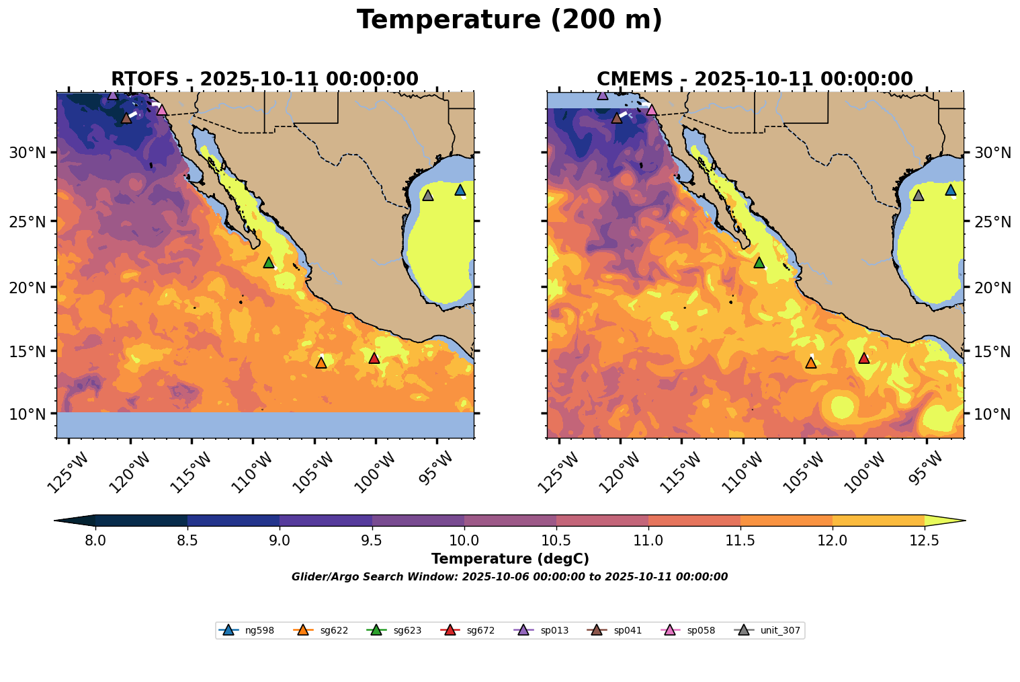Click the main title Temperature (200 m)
coord(509,20)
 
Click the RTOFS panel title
coord(264,79)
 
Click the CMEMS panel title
coord(754,79)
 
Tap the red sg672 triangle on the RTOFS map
coord(374,358)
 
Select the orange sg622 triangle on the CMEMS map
coord(810,363)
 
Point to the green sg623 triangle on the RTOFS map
coord(269,262)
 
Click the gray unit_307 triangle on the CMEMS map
coord(918,195)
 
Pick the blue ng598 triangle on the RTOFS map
coord(460,190)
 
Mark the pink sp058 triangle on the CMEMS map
coord(651,110)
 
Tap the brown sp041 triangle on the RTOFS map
coord(126,118)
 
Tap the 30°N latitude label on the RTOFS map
coord(28,153)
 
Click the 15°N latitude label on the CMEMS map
coord(992,352)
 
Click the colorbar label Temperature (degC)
coord(509,559)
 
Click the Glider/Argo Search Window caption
coord(509,577)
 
